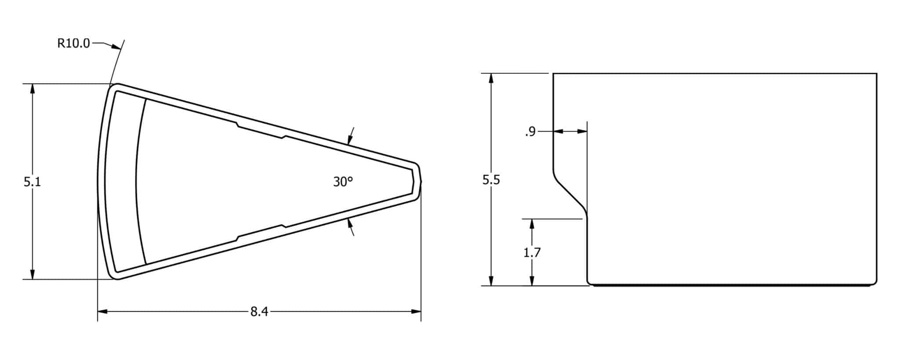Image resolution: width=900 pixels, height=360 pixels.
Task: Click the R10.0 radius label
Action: tap(73, 43)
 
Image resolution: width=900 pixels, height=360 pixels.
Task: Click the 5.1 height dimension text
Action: tap(32, 182)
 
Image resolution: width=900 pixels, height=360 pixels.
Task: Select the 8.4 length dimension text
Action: tap(259, 312)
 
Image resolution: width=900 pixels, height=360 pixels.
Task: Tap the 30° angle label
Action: tap(343, 182)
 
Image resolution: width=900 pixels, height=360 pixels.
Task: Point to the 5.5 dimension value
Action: tap(491, 180)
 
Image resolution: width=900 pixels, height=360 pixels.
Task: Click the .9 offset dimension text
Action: tap(530, 131)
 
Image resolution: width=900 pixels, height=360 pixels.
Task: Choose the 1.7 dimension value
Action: tap(532, 252)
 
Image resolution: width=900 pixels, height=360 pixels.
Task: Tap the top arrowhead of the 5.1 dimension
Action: tap(32, 88)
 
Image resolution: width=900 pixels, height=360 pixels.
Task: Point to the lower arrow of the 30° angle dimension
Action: tap(350, 223)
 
